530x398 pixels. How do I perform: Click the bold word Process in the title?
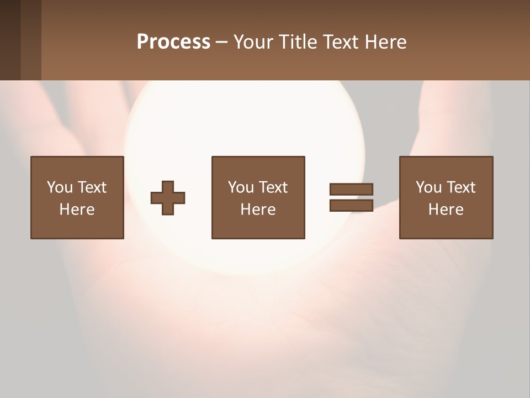pyautogui.click(x=173, y=42)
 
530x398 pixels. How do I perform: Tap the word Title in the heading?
pyautogui.click(x=298, y=42)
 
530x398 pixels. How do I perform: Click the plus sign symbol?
pyautogui.click(x=168, y=198)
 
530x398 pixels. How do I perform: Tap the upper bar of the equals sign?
pyautogui.click(x=351, y=189)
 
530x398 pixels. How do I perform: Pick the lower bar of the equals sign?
pyautogui.click(x=351, y=206)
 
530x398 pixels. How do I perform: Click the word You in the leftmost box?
pyautogui.click(x=60, y=187)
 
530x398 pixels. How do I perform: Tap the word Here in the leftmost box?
pyautogui.click(x=77, y=210)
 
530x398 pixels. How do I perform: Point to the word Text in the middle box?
pyautogui.click(x=273, y=187)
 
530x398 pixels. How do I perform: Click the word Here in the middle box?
pyautogui.click(x=258, y=210)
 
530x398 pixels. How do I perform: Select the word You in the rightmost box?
pyautogui.click(x=428, y=187)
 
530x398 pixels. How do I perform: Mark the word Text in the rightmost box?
pyautogui.click(x=461, y=187)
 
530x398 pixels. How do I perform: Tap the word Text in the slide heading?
pyautogui.click(x=340, y=42)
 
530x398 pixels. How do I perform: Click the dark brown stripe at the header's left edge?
pyautogui.click(x=10, y=40)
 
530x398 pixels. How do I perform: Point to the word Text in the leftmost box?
pyautogui.click(x=92, y=187)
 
